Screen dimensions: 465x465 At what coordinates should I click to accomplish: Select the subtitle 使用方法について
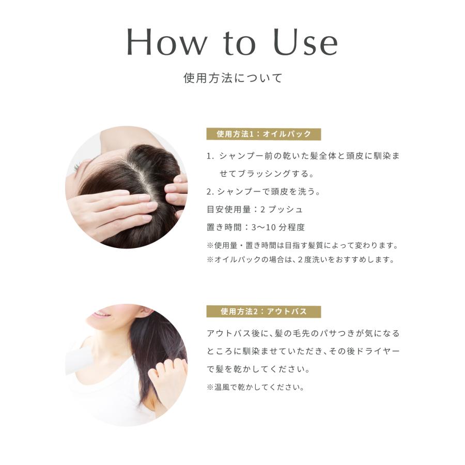[233, 79]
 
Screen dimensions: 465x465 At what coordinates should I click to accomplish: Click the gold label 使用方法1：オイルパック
[263, 134]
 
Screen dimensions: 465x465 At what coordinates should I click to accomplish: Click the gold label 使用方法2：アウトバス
[263, 312]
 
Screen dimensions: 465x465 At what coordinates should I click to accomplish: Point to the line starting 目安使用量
[254, 209]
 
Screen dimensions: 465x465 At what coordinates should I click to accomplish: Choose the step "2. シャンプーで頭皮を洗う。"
[263, 192]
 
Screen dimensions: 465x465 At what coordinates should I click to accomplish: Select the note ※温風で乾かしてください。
[256, 387]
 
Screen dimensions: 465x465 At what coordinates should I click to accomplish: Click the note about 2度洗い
[301, 260]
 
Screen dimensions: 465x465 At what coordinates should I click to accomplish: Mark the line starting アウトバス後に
[303, 333]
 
